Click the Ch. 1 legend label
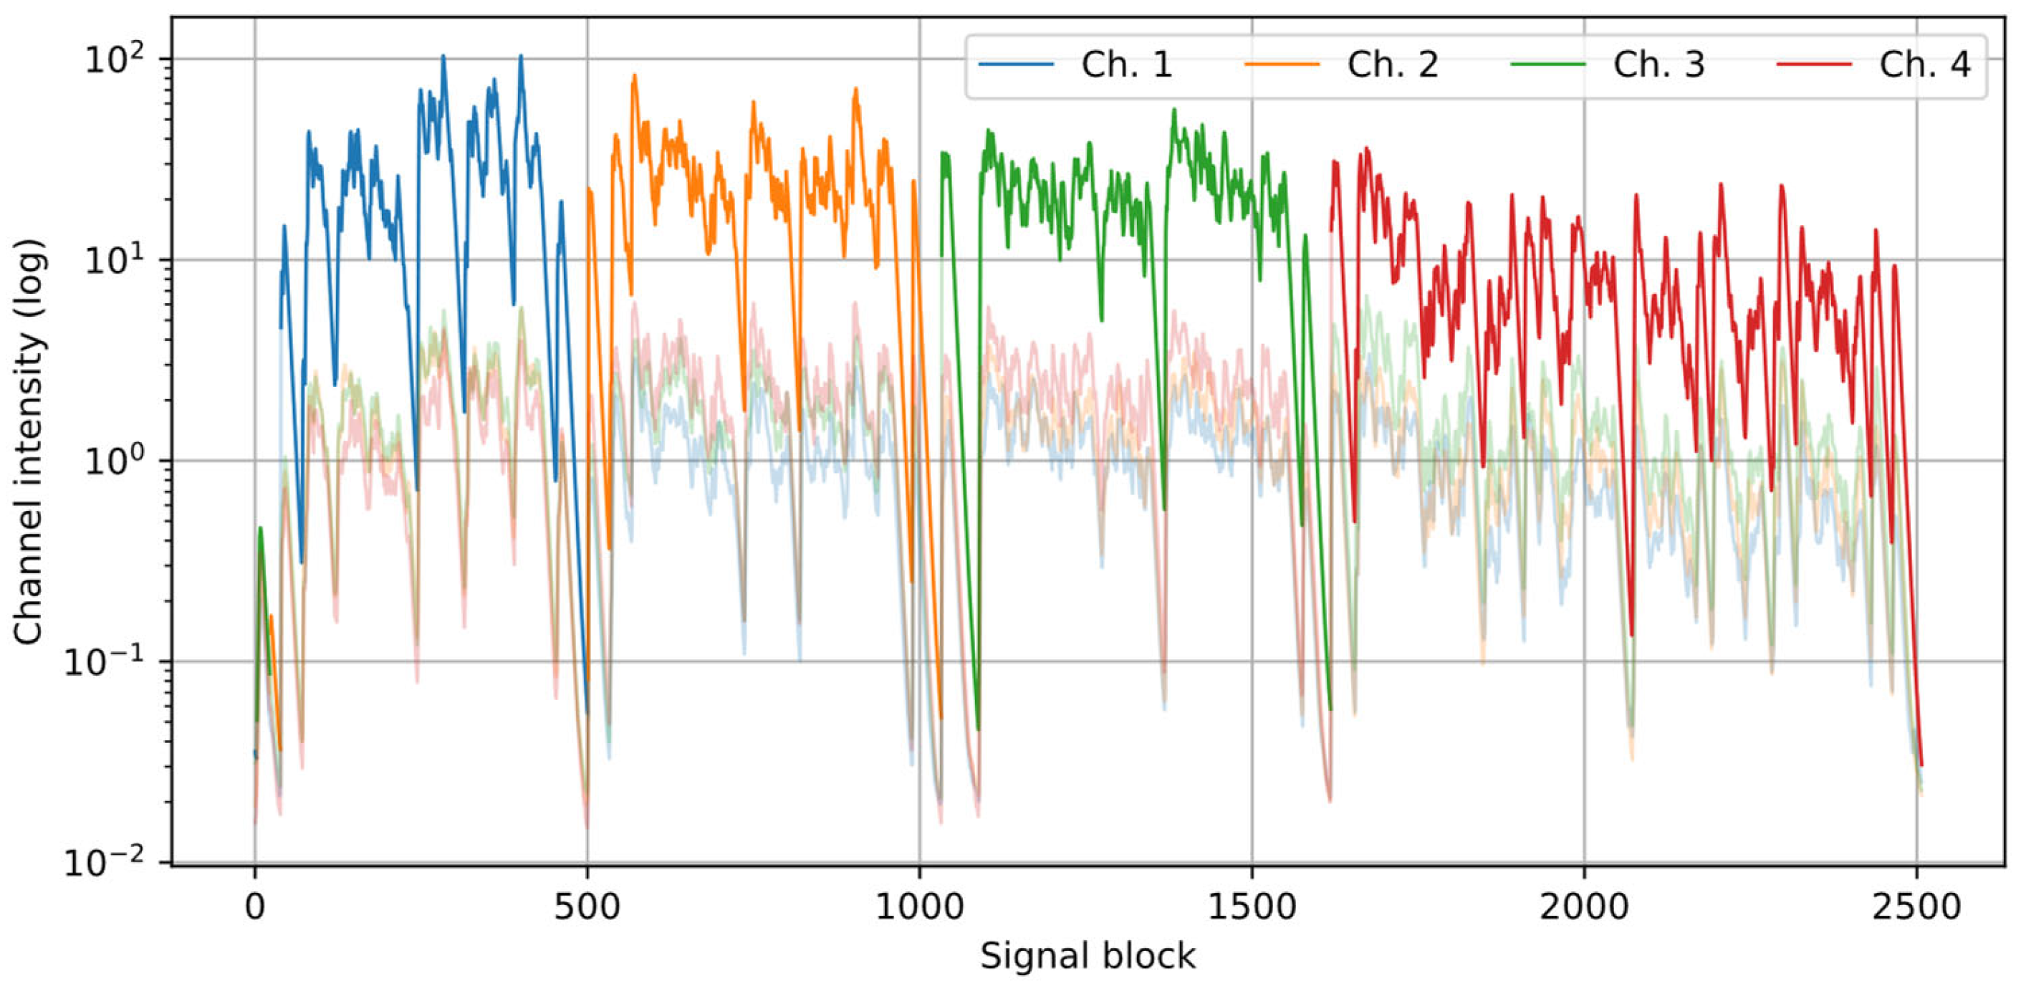tap(1127, 64)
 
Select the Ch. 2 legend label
tap(1393, 64)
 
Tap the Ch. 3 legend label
tap(1658, 64)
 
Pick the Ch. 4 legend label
tap(1924, 64)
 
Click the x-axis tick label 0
tap(254, 906)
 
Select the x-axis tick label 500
tap(587, 906)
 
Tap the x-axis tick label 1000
tap(918, 906)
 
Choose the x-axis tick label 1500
tap(1252, 906)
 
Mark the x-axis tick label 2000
tap(1584, 906)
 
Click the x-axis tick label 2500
tap(1916, 906)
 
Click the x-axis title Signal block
tap(1088, 956)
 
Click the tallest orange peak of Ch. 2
tap(634, 76)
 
